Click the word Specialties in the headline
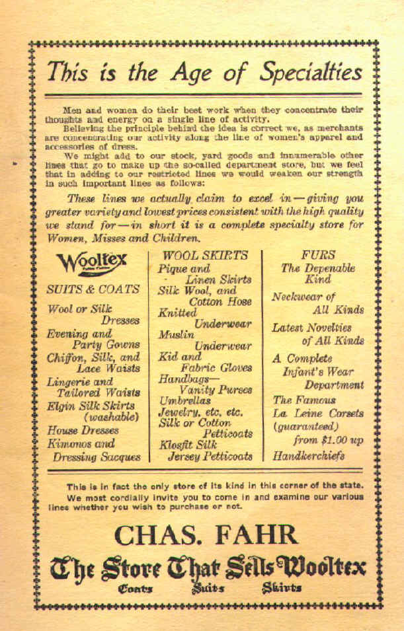[310, 71]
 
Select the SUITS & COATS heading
[93, 289]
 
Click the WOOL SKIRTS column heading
[205, 255]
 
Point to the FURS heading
[317, 254]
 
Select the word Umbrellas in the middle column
[184, 400]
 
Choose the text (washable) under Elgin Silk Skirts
[110, 417]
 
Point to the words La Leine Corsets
[318, 413]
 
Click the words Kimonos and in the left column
[80, 443]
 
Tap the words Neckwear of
[303, 297]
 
